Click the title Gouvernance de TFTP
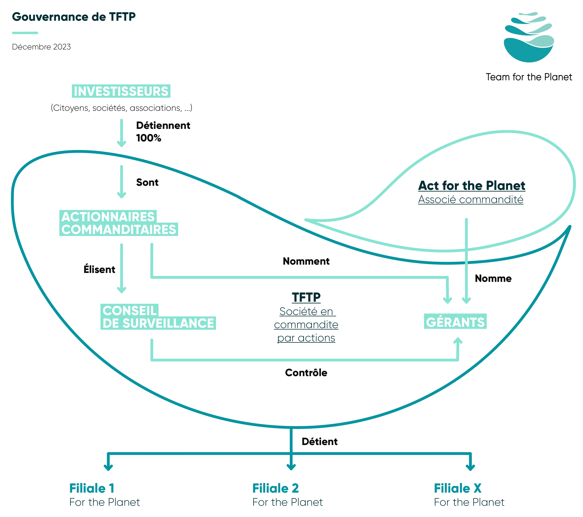click(x=74, y=17)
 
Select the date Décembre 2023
click(x=41, y=47)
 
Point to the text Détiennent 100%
click(x=163, y=132)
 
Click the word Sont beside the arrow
click(x=147, y=182)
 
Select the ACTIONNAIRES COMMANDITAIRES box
click(x=119, y=223)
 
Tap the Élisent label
click(x=99, y=269)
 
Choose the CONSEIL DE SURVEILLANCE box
click(x=158, y=317)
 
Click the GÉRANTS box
click(x=455, y=322)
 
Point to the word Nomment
click(x=306, y=261)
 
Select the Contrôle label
click(x=306, y=373)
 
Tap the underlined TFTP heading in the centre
click(x=306, y=297)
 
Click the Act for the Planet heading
click(x=472, y=186)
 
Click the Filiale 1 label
click(x=92, y=488)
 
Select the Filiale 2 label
click(x=275, y=488)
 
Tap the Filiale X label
click(x=458, y=488)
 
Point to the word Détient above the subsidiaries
click(x=319, y=442)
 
